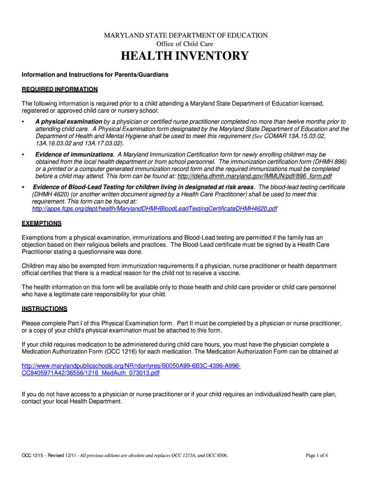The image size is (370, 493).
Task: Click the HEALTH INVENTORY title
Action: (x=185, y=56)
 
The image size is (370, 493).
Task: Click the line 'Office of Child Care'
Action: (x=186, y=44)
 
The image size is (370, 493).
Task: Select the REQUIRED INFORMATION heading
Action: (x=60, y=90)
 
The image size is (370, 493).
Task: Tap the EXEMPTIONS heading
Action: (x=42, y=223)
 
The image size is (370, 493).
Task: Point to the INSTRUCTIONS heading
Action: (x=45, y=309)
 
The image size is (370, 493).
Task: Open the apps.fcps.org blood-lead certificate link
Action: (x=154, y=209)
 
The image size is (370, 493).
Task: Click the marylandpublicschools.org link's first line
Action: (x=131, y=366)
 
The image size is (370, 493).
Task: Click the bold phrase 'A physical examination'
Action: (x=69, y=122)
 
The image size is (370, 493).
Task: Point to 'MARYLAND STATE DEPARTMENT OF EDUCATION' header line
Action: (x=186, y=36)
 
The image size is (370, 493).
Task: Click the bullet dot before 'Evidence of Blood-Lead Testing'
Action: (x=24, y=187)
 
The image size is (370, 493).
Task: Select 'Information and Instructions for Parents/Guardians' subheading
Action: (x=95, y=75)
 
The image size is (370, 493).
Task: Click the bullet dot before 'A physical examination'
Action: (x=24, y=122)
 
